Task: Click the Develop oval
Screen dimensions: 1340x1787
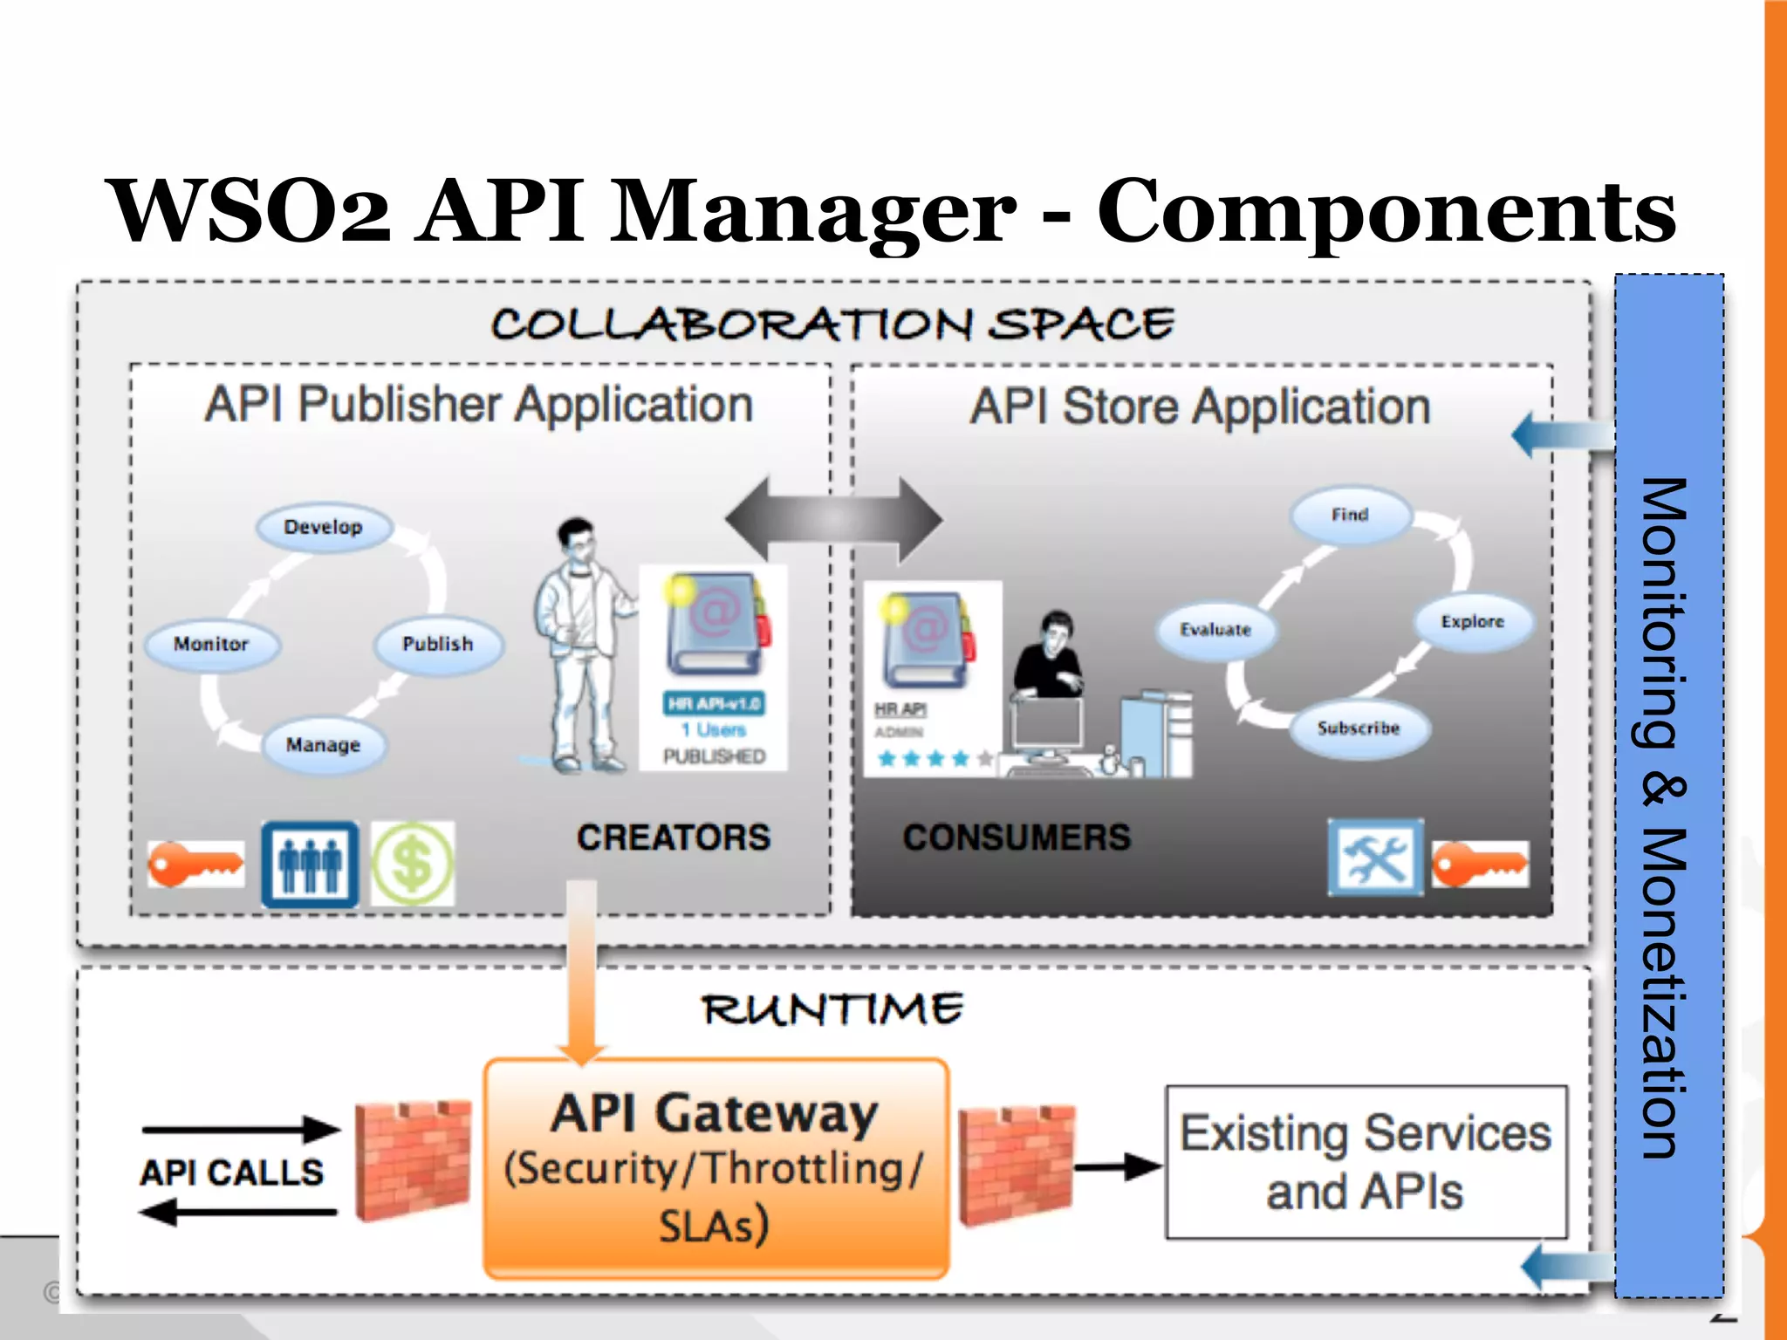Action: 324,527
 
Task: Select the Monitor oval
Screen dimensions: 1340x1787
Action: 212,644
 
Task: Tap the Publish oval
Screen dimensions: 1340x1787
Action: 438,644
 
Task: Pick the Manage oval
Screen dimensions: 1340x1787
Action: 324,745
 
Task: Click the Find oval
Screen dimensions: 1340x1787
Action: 1350,515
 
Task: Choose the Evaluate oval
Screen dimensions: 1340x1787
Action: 1215,630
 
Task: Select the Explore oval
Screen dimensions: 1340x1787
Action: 1473,622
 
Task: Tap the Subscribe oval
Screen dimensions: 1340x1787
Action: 1359,728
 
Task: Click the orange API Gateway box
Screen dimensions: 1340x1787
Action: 715,1169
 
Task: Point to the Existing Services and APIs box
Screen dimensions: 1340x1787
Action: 1366,1162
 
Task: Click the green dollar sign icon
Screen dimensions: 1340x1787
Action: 413,864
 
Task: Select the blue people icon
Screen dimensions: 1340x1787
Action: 310,864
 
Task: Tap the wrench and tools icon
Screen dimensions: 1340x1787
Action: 1375,858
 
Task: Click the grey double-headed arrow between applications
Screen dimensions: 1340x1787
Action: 833,520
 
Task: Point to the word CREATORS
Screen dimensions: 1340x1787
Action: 674,837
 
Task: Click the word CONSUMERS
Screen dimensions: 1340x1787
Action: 1017,837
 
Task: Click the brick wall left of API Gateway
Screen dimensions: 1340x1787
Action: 413,1160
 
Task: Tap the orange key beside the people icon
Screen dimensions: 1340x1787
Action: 195,865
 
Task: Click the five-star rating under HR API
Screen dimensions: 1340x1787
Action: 935,758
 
